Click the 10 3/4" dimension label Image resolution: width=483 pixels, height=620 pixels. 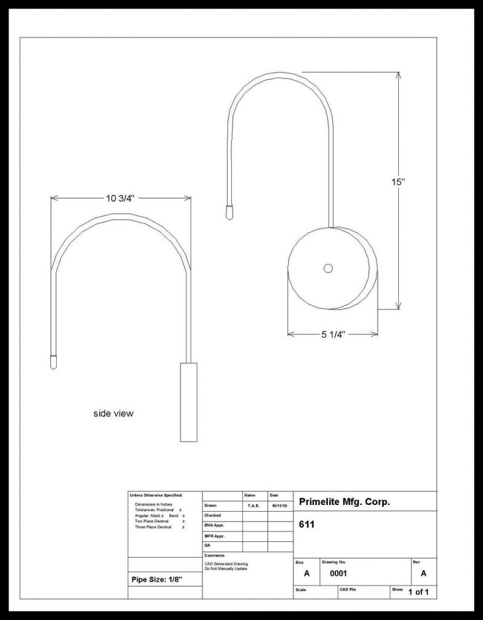(120, 198)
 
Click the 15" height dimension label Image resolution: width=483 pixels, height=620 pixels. (398, 181)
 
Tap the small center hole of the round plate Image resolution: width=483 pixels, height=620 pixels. (328, 268)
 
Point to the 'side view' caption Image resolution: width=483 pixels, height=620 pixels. (113, 414)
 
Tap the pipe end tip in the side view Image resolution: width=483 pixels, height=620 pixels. (53, 361)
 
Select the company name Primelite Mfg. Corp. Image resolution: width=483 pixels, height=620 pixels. (344, 502)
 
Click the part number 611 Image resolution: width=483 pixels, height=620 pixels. (307, 524)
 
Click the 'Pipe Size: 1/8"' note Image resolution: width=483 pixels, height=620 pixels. (157, 579)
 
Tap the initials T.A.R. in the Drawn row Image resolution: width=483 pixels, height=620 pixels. (254, 505)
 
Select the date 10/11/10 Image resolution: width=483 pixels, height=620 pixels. (280, 505)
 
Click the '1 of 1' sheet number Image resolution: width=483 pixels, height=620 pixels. (418, 592)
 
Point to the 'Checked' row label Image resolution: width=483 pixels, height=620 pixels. (212, 515)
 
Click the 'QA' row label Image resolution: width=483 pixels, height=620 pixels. (207, 545)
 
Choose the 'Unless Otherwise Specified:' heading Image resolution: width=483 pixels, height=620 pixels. (156, 495)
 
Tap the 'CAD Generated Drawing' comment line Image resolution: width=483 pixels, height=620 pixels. (226, 564)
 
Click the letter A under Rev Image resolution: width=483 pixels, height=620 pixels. (424, 573)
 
